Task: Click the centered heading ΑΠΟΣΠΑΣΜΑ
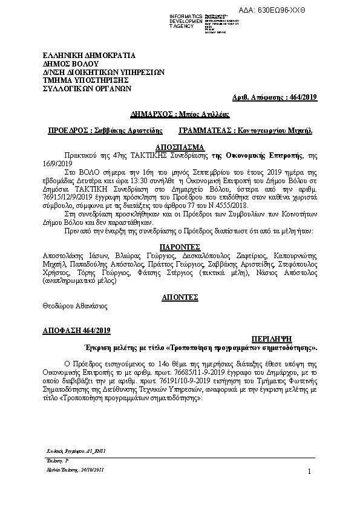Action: pyautogui.click(x=180, y=147)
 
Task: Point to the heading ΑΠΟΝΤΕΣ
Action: pyautogui.click(x=180, y=297)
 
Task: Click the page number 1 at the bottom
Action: pyautogui.click(x=309, y=472)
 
